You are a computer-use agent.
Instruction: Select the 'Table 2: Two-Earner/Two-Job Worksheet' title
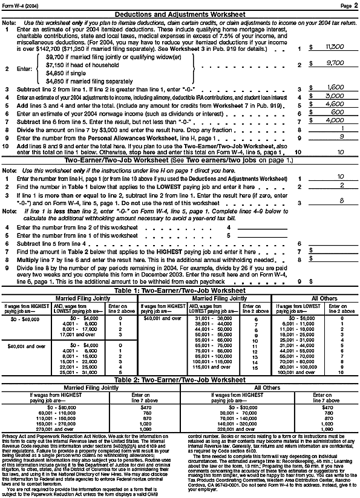pos(180,396)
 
